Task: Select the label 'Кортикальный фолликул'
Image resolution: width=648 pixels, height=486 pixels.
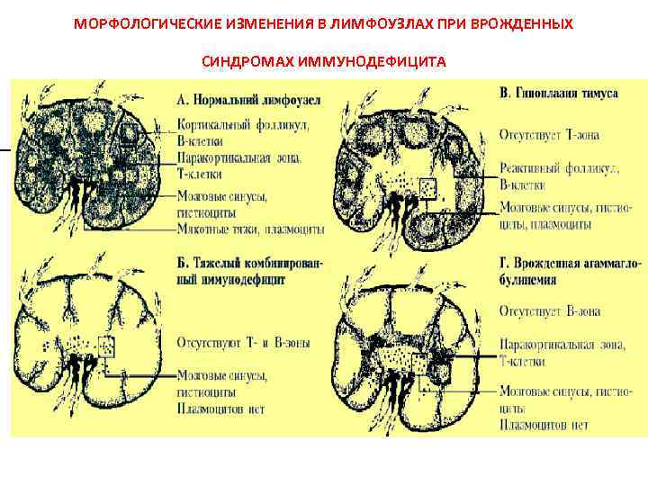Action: [x=243, y=125]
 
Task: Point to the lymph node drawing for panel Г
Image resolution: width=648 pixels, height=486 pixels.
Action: [x=405, y=347]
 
